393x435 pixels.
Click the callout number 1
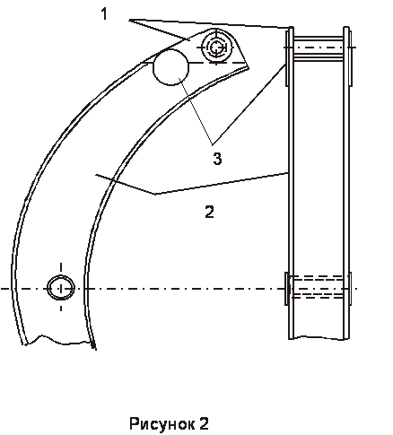pos(104,14)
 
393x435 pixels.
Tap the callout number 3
pos(217,159)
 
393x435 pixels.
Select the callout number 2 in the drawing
pos(209,212)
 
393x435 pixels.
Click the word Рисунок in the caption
pos(160,424)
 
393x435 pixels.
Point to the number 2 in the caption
pos(204,423)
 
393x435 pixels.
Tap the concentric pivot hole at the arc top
pos(216,48)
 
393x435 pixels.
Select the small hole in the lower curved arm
pos(61,288)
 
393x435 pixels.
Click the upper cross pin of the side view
pos(318,48)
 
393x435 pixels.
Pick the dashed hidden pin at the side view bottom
pos(318,287)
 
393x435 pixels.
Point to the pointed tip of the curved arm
pos(249,68)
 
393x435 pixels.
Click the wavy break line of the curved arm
pos(58,341)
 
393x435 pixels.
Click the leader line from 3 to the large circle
pos(196,111)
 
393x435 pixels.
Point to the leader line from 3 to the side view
pos(249,105)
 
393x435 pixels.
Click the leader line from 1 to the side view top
pos(209,24)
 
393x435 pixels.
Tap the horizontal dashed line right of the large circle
pos(216,63)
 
